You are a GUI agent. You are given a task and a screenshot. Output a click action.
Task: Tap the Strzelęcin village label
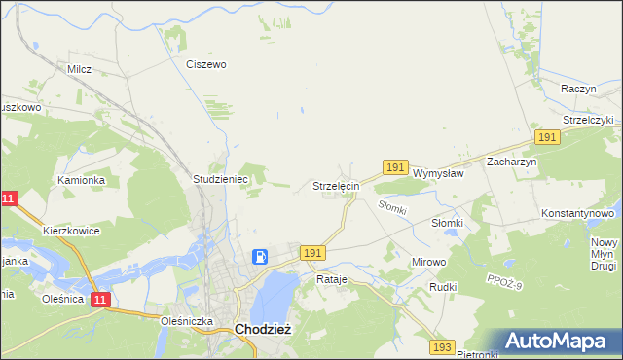pos(336,185)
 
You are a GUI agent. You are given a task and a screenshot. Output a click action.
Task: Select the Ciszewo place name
pos(206,64)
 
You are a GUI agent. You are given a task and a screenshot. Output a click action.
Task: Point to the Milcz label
pos(79,69)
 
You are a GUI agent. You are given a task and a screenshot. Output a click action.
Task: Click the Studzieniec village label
pos(222,180)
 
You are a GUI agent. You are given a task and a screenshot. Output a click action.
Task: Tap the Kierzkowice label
pos(71,231)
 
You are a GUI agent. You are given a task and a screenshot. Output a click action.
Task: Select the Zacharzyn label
pos(512,162)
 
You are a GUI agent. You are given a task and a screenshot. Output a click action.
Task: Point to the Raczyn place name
pos(578,88)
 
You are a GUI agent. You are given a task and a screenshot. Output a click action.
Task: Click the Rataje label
pos(331,279)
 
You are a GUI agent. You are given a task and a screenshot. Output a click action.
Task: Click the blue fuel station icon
pos(261,257)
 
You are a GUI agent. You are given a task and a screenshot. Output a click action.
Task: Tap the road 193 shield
pos(443,346)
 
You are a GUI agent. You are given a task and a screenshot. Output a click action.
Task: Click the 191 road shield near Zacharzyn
pos(546,138)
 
